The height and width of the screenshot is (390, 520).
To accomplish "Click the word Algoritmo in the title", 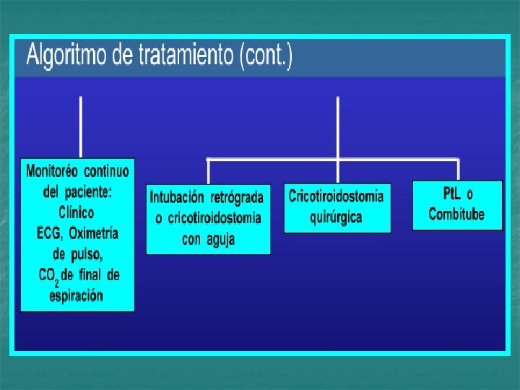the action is click(x=68, y=56).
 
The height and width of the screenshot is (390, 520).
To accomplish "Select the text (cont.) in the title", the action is click(x=266, y=56).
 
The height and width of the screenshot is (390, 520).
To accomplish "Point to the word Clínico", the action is click(x=76, y=212).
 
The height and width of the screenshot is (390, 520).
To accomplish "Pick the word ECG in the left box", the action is click(x=48, y=233).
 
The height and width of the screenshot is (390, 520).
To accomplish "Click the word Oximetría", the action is click(x=93, y=233).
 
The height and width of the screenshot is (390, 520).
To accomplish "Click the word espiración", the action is click(x=76, y=295).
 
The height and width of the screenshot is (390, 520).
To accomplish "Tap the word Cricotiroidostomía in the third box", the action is click(x=337, y=196).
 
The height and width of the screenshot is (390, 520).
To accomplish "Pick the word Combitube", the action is click(x=456, y=214).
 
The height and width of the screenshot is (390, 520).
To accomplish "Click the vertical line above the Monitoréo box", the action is click(x=80, y=126).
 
